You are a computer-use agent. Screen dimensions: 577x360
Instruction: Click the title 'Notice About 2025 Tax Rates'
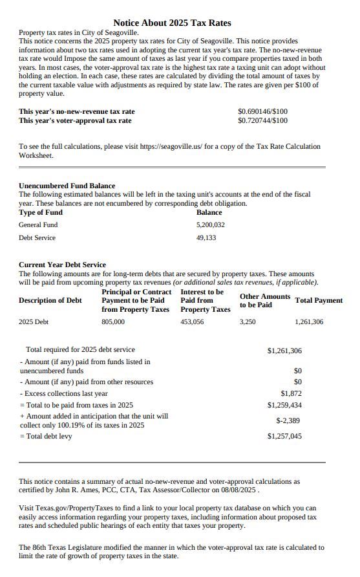(172, 23)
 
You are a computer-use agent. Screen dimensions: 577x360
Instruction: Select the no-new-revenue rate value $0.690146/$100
(262, 111)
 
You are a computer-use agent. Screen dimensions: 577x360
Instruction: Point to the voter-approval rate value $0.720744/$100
(262, 120)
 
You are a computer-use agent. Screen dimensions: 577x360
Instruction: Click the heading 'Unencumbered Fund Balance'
(67, 186)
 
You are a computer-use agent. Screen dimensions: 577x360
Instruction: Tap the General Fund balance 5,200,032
(210, 224)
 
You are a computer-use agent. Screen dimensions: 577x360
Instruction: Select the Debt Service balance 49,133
(206, 237)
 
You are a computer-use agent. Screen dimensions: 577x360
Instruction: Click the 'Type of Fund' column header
(41, 212)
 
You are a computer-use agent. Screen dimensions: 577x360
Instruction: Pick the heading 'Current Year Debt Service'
(62, 265)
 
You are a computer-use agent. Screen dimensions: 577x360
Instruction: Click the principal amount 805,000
(113, 321)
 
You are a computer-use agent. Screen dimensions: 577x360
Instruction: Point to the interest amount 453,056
(192, 321)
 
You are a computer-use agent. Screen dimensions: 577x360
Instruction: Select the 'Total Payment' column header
(319, 300)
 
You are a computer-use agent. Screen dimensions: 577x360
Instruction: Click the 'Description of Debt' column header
(50, 300)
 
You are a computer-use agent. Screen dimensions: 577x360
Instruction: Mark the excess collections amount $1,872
(291, 393)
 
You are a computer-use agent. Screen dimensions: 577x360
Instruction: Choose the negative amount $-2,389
(288, 420)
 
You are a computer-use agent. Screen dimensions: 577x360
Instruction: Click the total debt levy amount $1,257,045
(284, 436)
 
